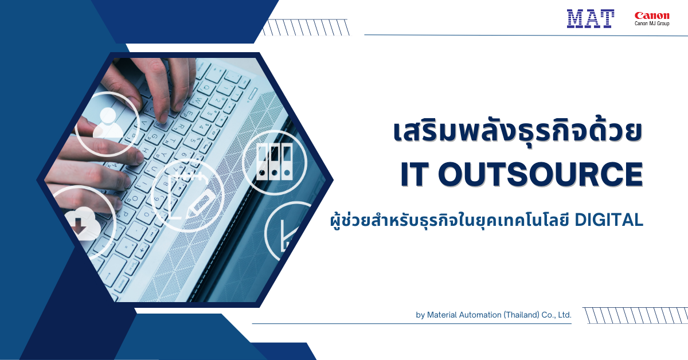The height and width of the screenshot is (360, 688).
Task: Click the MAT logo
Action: [591, 19]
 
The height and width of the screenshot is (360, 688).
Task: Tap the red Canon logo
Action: [651, 15]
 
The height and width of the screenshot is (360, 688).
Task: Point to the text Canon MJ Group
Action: [651, 24]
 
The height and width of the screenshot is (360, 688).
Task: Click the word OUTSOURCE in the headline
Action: [540, 175]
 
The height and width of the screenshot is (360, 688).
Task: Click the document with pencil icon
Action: [187, 194]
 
